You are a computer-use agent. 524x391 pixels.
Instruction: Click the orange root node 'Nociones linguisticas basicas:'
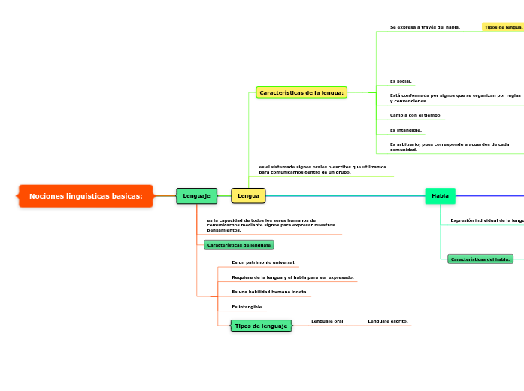[86, 196]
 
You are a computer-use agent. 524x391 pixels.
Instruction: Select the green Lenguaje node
[196, 196]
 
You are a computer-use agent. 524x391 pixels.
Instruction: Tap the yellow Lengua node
[248, 196]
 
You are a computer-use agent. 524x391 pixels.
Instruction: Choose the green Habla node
[440, 196]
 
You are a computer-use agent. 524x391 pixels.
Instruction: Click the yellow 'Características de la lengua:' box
[301, 92]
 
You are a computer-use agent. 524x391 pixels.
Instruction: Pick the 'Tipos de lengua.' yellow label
[503, 27]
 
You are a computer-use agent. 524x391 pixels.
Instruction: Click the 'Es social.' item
[401, 81]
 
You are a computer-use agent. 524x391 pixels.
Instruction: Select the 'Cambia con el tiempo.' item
[416, 116]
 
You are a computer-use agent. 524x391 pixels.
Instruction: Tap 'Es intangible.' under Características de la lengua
[405, 130]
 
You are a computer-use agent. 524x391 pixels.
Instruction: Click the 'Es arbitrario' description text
[449, 147]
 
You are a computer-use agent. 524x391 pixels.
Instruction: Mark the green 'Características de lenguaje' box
[238, 245]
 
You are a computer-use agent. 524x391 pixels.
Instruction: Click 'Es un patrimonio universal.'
[263, 263]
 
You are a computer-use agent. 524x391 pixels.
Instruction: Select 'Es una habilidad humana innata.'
[269, 292]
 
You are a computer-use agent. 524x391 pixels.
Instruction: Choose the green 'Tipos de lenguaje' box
[261, 326]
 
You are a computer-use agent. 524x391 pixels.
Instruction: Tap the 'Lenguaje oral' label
[327, 321]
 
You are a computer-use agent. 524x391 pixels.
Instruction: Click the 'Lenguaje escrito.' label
[388, 321]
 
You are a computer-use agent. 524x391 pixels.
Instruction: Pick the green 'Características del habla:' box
[480, 259]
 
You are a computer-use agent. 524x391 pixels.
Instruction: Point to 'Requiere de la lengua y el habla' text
[292, 277]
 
